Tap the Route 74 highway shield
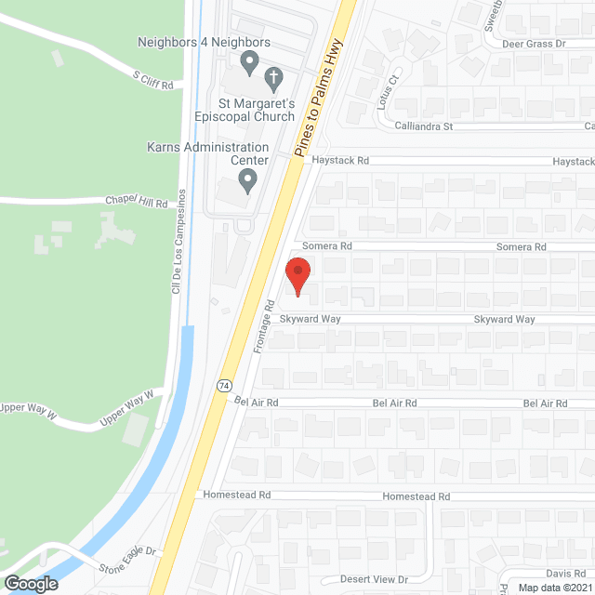pyautogui.click(x=224, y=384)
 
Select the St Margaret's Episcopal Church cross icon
pyautogui.click(x=273, y=76)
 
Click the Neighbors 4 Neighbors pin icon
pyautogui.click(x=248, y=63)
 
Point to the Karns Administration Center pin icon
pyautogui.click(x=247, y=179)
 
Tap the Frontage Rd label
pyautogui.click(x=264, y=325)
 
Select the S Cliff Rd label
pyautogui.click(x=153, y=82)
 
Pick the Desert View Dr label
pyautogui.click(x=374, y=579)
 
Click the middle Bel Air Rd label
pyautogui.click(x=394, y=403)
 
